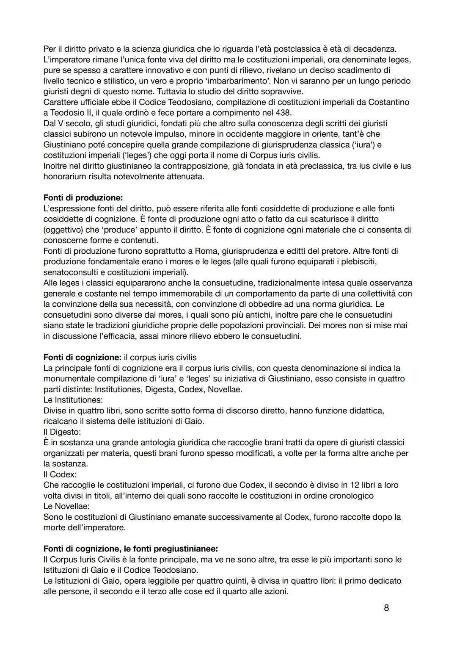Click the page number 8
click(386, 608)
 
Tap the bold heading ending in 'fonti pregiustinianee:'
click(131, 549)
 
